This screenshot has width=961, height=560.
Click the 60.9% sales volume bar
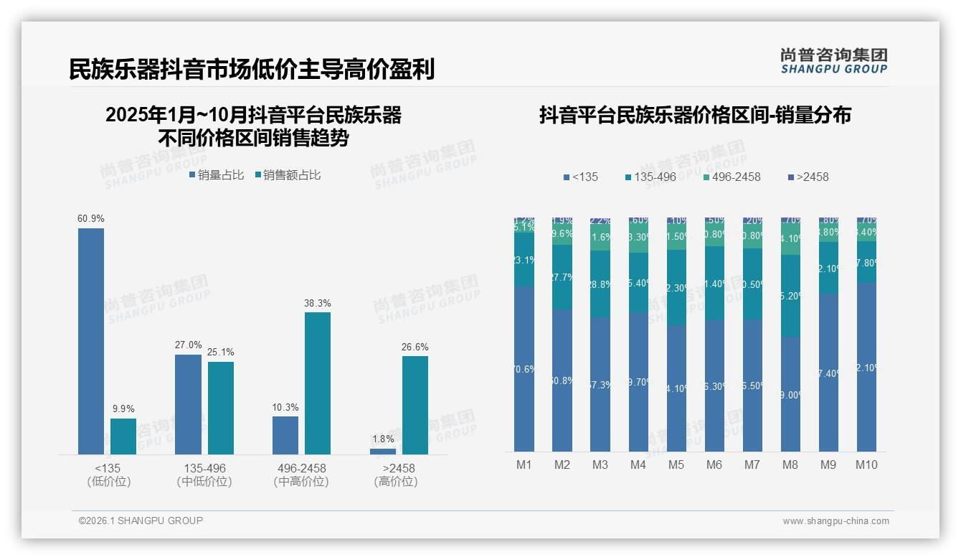[x=91, y=341]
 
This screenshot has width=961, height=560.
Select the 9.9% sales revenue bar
[x=123, y=437]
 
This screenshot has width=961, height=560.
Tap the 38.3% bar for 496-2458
[x=318, y=383]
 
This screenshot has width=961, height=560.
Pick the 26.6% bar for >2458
[x=415, y=405]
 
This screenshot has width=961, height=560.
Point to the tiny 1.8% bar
[x=383, y=452]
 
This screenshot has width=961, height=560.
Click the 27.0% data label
[x=189, y=345]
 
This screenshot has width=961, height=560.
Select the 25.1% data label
[x=221, y=352]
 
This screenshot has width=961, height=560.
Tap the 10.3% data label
[x=285, y=407]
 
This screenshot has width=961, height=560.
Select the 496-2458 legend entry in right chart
[x=731, y=177]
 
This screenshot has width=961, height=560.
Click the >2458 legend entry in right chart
[x=808, y=177]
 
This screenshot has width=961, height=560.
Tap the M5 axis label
[x=676, y=465]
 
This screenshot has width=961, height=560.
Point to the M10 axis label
[x=866, y=465]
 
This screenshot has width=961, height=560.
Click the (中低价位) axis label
[x=204, y=482]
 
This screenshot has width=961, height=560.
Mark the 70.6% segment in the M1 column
[x=524, y=369]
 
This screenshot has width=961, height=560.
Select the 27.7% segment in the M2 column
[x=562, y=277]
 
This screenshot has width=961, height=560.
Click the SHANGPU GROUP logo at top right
[x=833, y=61]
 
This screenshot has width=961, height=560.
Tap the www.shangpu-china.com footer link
[x=835, y=521]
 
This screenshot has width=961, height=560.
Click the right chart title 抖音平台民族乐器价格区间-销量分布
[x=695, y=115]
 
